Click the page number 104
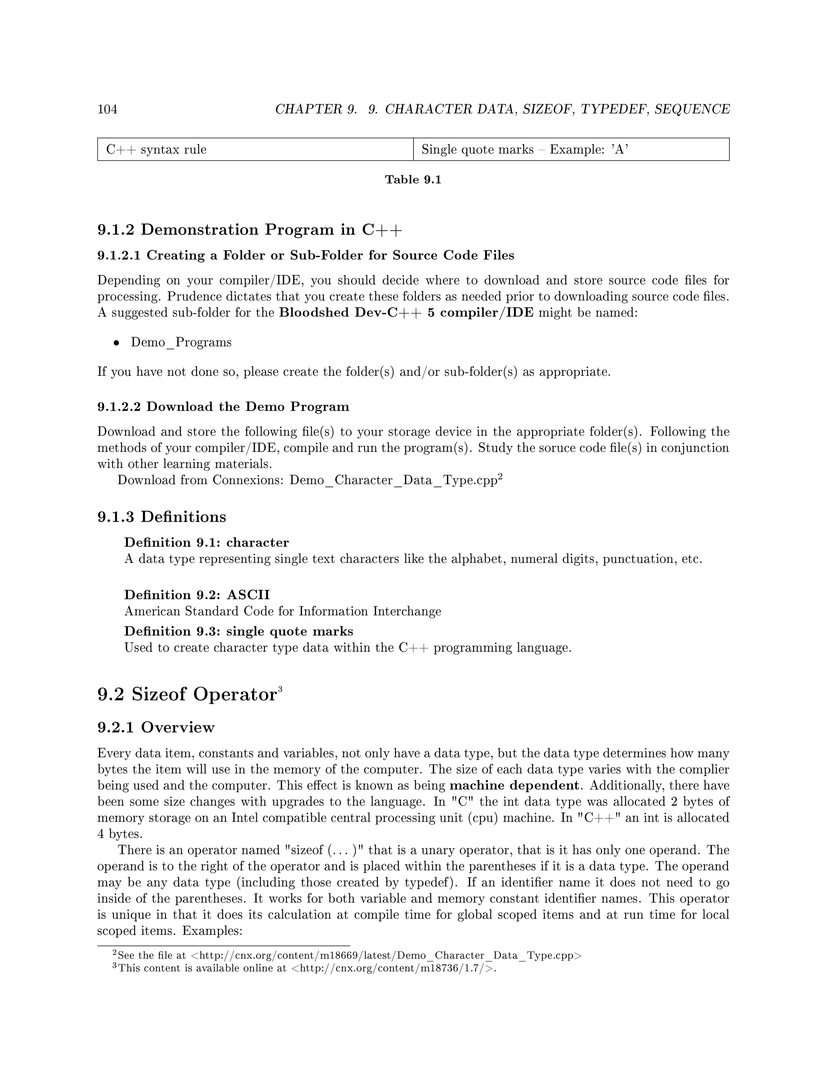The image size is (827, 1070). click(x=107, y=109)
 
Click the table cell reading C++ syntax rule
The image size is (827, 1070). click(x=156, y=149)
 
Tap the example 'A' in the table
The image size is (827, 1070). click(x=620, y=149)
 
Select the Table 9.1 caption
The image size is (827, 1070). click(x=413, y=180)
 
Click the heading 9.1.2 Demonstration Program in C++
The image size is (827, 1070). click(x=250, y=230)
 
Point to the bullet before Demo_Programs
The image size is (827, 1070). click(x=117, y=343)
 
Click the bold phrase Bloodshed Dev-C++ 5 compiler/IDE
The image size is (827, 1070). click(x=406, y=313)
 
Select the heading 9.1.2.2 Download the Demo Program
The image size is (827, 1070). click(x=223, y=407)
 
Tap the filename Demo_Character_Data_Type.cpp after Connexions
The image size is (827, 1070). click(x=393, y=480)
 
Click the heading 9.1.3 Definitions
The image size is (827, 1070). click(x=162, y=517)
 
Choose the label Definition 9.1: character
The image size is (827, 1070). click(x=206, y=542)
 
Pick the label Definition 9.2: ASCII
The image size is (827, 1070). click(x=197, y=595)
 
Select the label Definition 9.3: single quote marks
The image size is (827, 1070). click(x=239, y=631)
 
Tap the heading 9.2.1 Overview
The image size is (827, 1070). click(x=156, y=728)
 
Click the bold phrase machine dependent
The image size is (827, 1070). click(x=514, y=785)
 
